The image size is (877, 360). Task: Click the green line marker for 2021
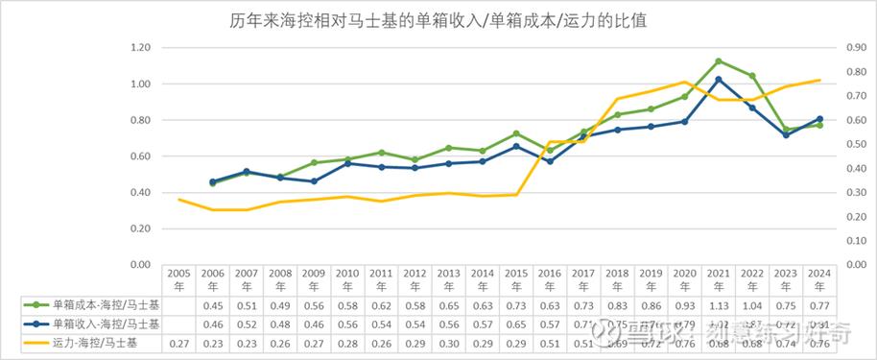pos(719,60)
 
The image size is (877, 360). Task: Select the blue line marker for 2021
pos(719,80)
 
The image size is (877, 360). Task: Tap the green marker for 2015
pos(516,133)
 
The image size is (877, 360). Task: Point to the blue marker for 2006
pos(213,181)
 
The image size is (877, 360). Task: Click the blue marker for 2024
pos(818,119)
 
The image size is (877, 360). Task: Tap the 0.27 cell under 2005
pos(179,343)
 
